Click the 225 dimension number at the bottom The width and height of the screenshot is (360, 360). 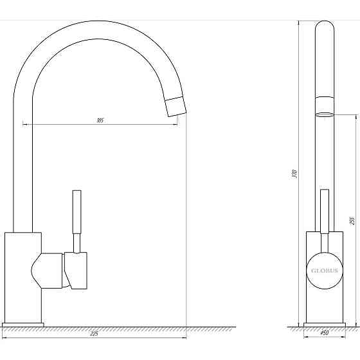(94, 334)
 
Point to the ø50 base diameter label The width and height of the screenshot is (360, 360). (325, 333)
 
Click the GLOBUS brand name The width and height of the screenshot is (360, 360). (325, 271)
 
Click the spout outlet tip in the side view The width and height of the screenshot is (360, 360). (174, 107)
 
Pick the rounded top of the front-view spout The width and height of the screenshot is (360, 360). (325, 29)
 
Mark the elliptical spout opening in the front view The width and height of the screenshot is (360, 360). (325, 114)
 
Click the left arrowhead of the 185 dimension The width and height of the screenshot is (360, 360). (24, 123)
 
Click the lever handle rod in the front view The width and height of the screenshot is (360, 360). (325, 212)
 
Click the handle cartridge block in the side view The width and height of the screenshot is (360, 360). (76, 270)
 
